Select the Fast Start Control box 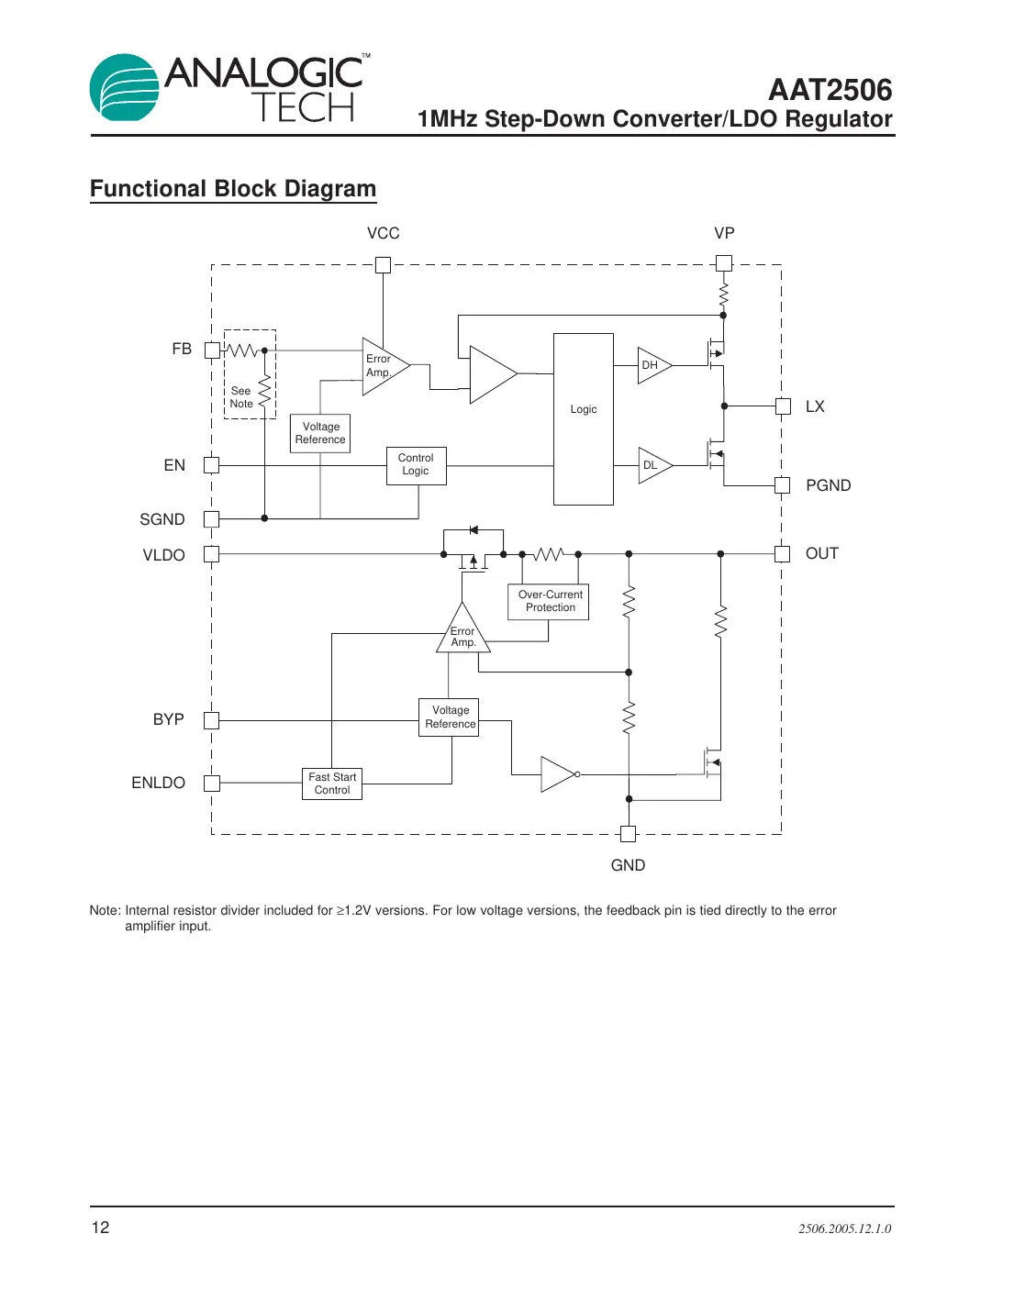[332, 784]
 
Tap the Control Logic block [416, 465]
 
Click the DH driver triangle [652, 365]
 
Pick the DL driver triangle [652, 465]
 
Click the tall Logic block [583, 419]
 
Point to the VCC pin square [384, 265]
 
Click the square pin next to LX [783, 406]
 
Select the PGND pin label [828, 485]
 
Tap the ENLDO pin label [158, 783]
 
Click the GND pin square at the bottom [628, 834]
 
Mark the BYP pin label [168, 719]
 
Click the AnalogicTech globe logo [124, 88]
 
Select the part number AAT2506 [830, 90]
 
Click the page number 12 [100, 1228]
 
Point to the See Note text [240, 397]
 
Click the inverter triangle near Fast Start [557, 774]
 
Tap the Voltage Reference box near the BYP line [450, 717]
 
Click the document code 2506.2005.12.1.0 [844, 1229]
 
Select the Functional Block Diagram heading [233, 189]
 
